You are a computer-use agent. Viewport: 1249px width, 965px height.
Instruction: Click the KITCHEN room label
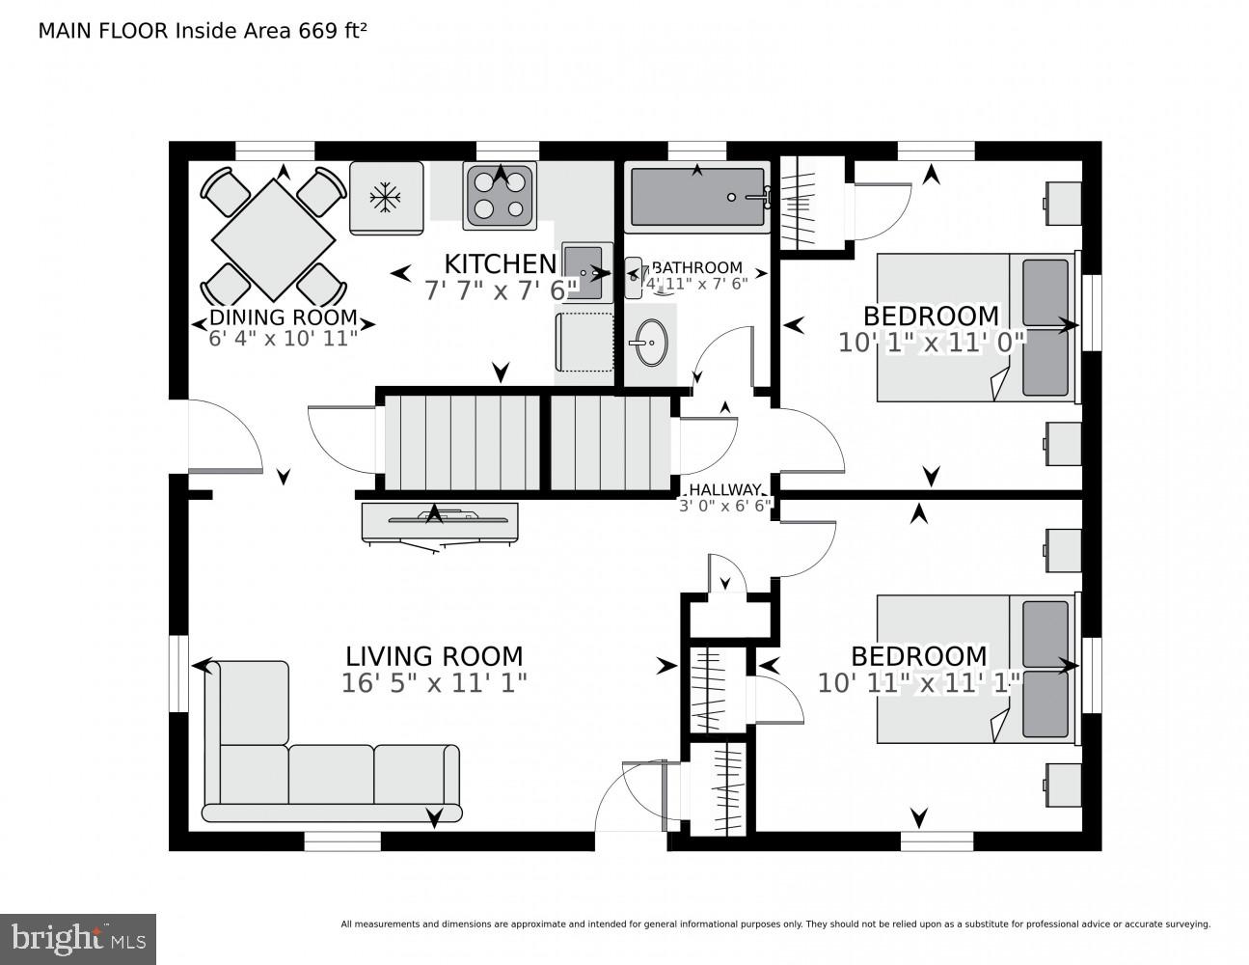[x=500, y=263]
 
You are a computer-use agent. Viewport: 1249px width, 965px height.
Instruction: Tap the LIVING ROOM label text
[x=434, y=657]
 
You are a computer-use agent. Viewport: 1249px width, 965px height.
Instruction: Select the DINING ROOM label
[x=283, y=317]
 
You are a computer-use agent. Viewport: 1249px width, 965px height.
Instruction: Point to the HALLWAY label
[x=724, y=489]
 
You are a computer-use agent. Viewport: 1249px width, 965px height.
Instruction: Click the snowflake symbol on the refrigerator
[x=386, y=198]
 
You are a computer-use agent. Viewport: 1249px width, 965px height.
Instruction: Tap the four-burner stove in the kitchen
[x=500, y=195]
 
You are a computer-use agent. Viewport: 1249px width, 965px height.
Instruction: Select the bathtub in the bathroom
[x=696, y=197]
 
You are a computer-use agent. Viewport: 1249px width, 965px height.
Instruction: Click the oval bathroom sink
[x=646, y=342]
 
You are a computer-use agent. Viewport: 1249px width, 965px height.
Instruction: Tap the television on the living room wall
[x=439, y=521]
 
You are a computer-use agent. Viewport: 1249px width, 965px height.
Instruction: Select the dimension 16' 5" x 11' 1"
[x=434, y=683]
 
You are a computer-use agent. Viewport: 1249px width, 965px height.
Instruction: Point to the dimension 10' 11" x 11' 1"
[x=918, y=683]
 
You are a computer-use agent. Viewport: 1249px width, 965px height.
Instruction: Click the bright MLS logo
[x=77, y=938]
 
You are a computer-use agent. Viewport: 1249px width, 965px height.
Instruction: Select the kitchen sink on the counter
[x=583, y=271]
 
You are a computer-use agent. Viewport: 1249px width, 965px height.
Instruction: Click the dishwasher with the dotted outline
[x=584, y=342]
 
